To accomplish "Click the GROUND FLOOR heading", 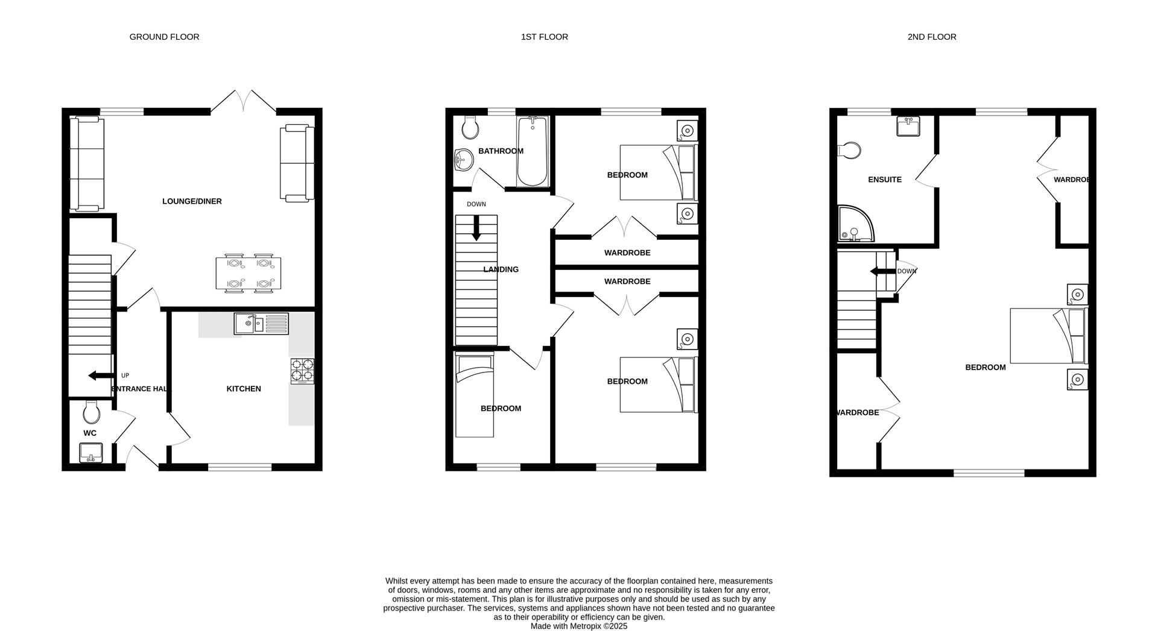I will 164,37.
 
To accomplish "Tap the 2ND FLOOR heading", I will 931,37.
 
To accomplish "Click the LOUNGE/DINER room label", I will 192,201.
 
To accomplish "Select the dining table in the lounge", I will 248,274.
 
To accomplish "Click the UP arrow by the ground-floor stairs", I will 100,375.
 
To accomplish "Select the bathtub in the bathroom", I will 532,151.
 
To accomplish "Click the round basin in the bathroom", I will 463,160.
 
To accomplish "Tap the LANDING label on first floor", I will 501,269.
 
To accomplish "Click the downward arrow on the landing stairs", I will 476,228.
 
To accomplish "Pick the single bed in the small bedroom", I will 475,395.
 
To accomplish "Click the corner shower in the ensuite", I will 854,224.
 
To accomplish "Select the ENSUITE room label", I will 884,180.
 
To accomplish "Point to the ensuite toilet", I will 849,151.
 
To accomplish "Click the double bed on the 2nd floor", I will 1048,336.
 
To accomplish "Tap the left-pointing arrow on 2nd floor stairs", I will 882,272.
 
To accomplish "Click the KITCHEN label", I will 244,389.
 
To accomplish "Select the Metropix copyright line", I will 578,626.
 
